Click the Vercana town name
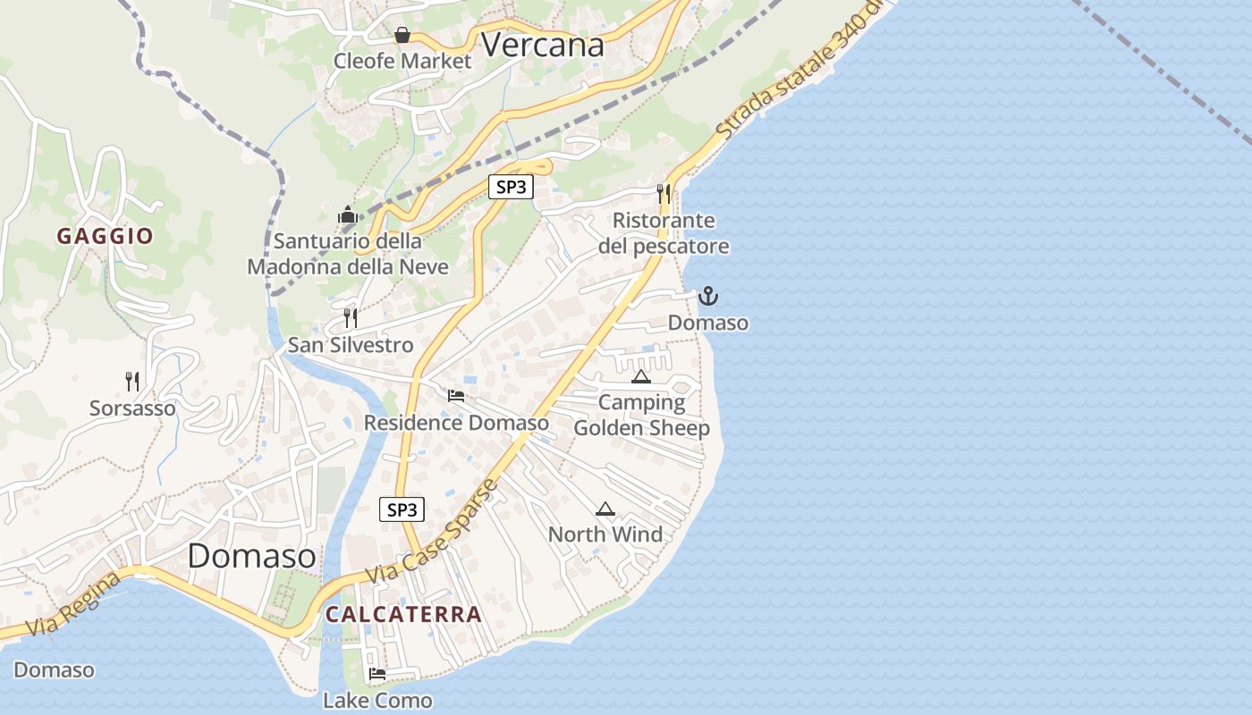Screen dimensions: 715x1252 click(543, 45)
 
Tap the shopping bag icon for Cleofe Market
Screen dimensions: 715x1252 click(402, 35)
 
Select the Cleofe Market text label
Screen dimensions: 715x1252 click(402, 61)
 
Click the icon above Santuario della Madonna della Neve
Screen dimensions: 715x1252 click(347, 214)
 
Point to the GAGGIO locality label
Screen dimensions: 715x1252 click(106, 236)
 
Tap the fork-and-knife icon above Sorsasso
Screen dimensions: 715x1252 click(132, 382)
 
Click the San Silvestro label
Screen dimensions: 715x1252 click(351, 345)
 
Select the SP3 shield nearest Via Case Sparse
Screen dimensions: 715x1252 click(402, 509)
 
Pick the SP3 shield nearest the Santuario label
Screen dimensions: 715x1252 click(511, 187)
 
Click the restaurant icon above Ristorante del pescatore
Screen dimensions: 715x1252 click(663, 193)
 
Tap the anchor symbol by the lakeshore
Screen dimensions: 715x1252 click(708, 296)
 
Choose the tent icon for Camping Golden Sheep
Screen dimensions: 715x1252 click(640, 376)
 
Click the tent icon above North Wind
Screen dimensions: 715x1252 click(605, 509)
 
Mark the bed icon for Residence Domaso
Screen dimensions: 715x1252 click(456, 396)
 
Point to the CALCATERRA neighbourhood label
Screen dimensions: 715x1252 click(403, 614)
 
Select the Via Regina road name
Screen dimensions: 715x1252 click(73, 604)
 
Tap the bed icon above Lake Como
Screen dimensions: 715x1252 click(377, 674)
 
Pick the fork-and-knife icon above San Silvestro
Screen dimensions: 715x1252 click(351, 317)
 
